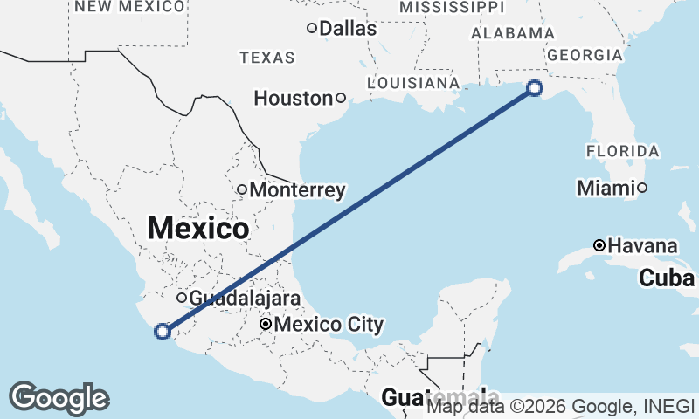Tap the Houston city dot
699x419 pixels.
(341, 98)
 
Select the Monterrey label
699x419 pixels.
(297, 189)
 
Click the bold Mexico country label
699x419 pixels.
(198, 229)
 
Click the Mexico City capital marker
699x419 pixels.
(266, 325)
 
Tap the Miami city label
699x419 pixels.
(606, 188)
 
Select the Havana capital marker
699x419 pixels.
(599, 245)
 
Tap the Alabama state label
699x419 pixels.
(513, 32)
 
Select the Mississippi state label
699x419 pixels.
(451, 7)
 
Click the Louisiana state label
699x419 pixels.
(413, 83)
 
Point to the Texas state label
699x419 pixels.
(267, 58)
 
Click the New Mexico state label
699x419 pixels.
(130, 7)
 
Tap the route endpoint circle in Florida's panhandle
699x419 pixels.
(535, 87)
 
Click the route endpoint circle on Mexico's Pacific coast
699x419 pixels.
(162, 331)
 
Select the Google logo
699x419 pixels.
(59, 398)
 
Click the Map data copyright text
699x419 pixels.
(559, 406)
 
